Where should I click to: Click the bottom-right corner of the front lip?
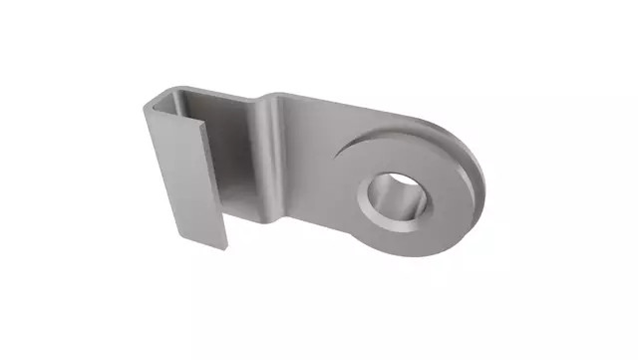[x=224, y=247]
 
